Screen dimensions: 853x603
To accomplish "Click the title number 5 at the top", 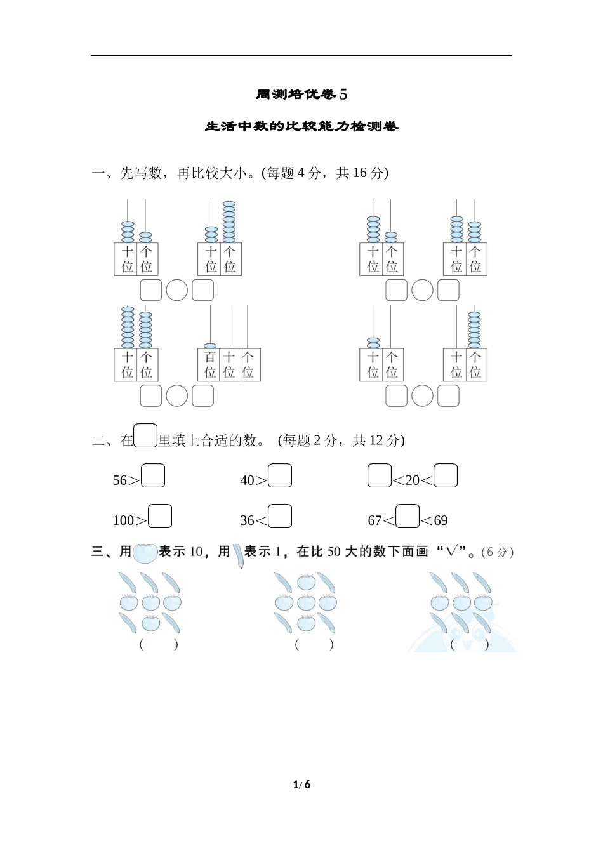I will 343,95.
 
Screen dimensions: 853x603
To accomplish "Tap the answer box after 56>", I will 153,476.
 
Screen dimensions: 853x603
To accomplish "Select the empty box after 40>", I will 280,476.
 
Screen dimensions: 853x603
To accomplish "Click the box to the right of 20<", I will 446,476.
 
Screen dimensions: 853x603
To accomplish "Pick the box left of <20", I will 380,476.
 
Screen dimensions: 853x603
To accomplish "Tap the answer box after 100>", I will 160,516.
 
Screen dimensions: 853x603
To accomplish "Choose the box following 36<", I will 280,516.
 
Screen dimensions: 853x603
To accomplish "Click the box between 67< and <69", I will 408,516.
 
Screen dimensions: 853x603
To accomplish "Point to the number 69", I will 441,520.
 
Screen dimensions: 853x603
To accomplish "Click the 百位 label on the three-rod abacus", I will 210,365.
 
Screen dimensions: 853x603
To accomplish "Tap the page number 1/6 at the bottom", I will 301,784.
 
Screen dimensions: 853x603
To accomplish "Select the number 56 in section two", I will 120,480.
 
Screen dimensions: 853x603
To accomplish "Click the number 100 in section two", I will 123,520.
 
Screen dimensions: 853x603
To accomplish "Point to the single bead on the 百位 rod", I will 210,346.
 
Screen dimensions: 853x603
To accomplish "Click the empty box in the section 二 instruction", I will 146,436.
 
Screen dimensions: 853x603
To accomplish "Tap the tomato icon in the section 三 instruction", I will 145,553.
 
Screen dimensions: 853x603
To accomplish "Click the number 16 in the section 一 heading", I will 360,173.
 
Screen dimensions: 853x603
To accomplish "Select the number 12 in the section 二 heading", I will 376,440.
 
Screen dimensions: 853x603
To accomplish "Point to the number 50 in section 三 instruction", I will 334,552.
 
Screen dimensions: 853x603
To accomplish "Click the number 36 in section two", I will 247,520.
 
